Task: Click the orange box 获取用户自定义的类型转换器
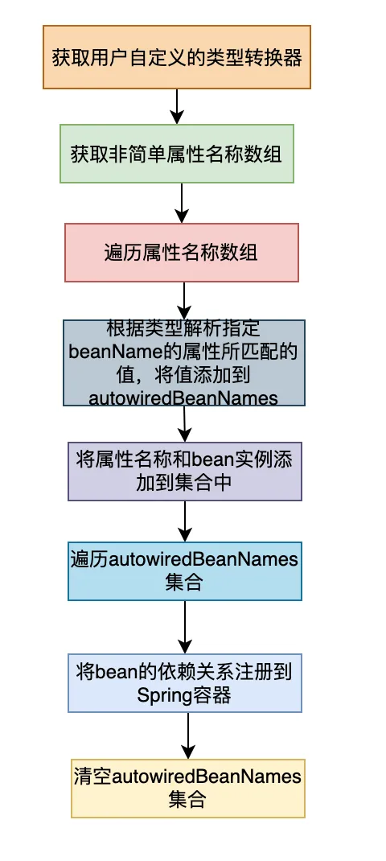click(x=177, y=56)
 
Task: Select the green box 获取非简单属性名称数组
click(x=177, y=154)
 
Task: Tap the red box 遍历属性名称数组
click(x=182, y=253)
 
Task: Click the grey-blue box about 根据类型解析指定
click(x=184, y=363)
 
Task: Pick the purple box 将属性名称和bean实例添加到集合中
click(x=185, y=472)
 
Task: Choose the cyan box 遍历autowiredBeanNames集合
click(x=185, y=571)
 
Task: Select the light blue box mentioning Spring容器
click(x=185, y=683)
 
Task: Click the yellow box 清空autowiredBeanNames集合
click(x=188, y=789)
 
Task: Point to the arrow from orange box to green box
click(x=177, y=106)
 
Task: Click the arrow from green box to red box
click(x=181, y=203)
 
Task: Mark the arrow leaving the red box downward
click(x=184, y=301)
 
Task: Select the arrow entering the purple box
click(x=184, y=424)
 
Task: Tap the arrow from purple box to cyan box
click(x=185, y=521)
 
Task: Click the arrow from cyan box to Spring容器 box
click(x=185, y=627)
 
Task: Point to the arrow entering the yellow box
click(x=188, y=735)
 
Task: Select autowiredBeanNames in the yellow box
click(x=207, y=777)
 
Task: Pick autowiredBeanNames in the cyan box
click(x=203, y=559)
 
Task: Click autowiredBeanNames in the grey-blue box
click(x=183, y=398)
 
